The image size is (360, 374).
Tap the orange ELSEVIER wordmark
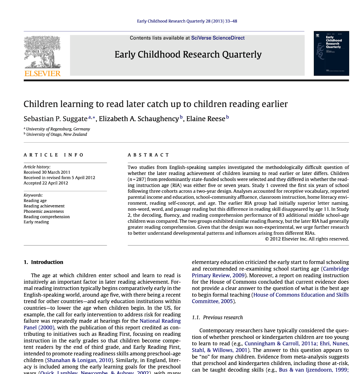pyautogui.click(x=42, y=74)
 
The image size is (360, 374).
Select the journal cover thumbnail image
pyautogui.click(x=331, y=53)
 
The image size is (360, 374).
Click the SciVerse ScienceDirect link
pyautogui.click(x=218, y=38)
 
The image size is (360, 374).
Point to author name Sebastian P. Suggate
pyautogui.click(x=55, y=119)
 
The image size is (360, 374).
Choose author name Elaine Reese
pyautogui.click(x=205, y=119)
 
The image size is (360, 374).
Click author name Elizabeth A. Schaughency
pyautogui.click(x=139, y=119)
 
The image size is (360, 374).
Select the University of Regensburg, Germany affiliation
pyautogui.click(x=58, y=129)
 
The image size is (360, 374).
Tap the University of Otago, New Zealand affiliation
pyautogui.click(x=56, y=134)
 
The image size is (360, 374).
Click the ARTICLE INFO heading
pyautogui.click(x=54, y=155)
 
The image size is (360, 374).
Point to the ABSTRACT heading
pyautogui.click(x=148, y=155)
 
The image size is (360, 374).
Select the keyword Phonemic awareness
pyautogui.click(x=44, y=211)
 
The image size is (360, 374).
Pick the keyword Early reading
pyautogui.click(x=36, y=222)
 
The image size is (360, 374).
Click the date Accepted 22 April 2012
pyautogui.click(x=46, y=183)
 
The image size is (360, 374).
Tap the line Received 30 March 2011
pyautogui.click(x=47, y=172)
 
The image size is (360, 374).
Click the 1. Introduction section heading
pyautogui.click(x=43, y=262)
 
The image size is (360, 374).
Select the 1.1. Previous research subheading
pyautogui.click(x=217, y=318)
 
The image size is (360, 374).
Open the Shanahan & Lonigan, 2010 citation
pyautogui.click(x=79, y=360)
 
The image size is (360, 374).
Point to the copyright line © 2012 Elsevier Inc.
pyautogui.click(x=307, y=239)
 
